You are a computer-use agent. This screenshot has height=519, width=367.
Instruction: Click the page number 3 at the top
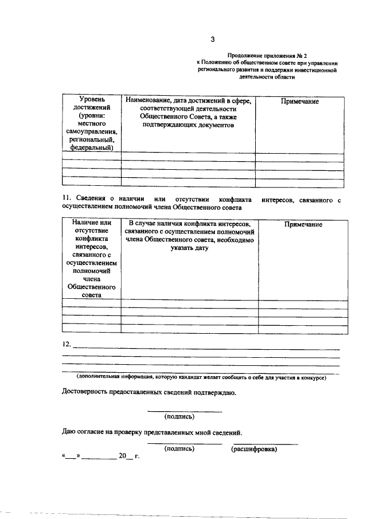pyautogui.click(x=213, y=39)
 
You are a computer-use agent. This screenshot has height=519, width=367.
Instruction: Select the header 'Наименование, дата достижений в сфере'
pyautogui.click(x=188, y=101)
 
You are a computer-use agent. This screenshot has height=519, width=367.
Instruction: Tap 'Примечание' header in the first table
pyautogui.click(x=300, y=101)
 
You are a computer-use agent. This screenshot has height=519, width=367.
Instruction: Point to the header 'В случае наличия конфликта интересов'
pyautogui.click(x=189, y=223)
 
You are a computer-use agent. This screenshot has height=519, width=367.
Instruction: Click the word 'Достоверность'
pyautogui.click(x=89, y=393)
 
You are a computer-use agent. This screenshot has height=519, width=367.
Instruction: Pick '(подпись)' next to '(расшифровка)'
pyautogui.click(x=179, y=449)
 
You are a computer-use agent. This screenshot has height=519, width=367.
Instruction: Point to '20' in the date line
pyautogui.click(x=122, y=457)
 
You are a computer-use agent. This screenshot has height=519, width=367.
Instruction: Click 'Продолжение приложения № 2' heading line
pyautogui.click(x=267, y=54)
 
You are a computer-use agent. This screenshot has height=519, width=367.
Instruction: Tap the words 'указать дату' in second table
pyautogui.click(x=189, y=248)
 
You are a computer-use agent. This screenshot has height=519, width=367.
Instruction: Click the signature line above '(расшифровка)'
pyautogui.click(x=264, y=443)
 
